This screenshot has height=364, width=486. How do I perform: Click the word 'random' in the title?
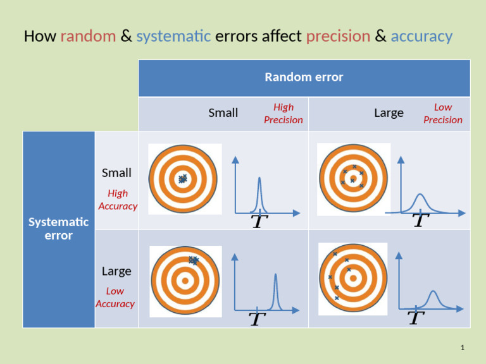(x=88, y=36)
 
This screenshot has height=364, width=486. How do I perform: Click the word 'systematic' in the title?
(x=173, y=36)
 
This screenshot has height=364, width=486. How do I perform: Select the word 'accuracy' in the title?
(x=421, y=36)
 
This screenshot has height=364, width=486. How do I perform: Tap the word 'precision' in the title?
(x=338, y=36)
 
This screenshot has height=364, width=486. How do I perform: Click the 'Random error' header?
(x=304, y=77)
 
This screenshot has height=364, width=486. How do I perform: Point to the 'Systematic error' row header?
(x=58, y=229)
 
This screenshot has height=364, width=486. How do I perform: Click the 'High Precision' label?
(x=283, y=114)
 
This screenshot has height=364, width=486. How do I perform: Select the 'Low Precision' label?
(x=443, y=114)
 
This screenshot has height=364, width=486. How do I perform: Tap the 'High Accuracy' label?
(x=118, y=200)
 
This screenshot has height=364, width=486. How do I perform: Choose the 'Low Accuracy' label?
(x=115, y=298)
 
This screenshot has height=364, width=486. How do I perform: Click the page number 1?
(x=463, y=348)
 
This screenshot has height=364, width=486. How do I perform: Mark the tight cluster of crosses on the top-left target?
(x=183, y=179)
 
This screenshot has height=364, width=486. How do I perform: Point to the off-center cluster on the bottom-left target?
(x=194, y=260)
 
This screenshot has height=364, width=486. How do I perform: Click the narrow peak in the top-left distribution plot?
(x=259, y=179)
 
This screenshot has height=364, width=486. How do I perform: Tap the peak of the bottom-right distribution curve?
(x=433, y=292)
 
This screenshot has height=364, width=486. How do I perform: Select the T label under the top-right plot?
(x=420, y=221)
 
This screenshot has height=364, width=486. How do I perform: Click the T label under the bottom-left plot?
(x=256, y=320)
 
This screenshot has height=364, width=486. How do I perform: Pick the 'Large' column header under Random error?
(x=389, y=113)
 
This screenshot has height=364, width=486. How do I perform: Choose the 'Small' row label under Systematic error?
(x=116, y=173)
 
